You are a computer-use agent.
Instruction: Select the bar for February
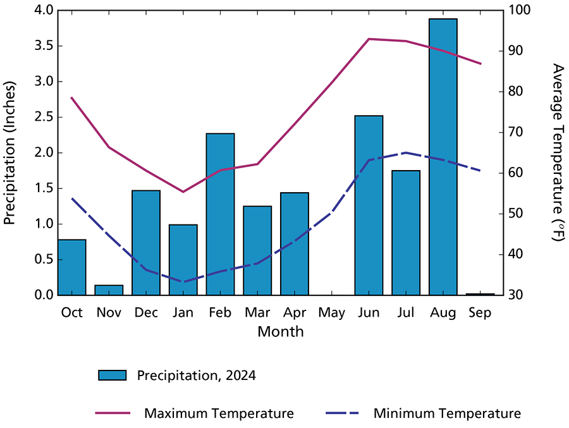pos(220,214)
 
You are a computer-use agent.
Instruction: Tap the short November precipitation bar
pos(109,290)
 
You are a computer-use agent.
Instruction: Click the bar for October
pos(71,267)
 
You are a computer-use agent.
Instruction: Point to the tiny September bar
pos(480,294)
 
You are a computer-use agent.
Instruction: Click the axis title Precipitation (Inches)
pos(10,153)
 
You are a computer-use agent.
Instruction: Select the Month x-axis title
pos(280,331)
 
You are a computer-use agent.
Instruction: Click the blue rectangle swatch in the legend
pos(113,376)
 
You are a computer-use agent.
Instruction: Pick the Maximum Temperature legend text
pos(219,414)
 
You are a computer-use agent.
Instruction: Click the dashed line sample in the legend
pos(343,414)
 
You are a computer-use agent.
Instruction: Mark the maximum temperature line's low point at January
pos(183,192)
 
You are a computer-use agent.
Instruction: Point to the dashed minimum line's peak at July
pos(406,152)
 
